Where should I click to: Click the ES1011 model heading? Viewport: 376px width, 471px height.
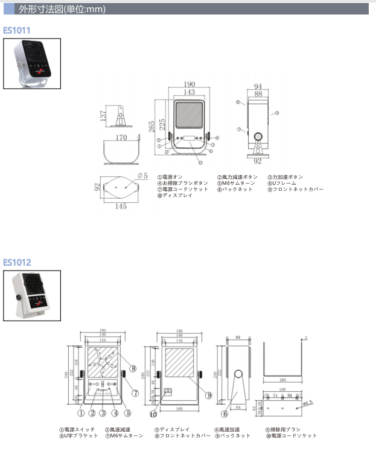pos(17,30)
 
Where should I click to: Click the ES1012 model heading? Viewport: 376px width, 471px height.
pos(17,262)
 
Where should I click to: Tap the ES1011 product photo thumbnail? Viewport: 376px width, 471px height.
pos(32,63)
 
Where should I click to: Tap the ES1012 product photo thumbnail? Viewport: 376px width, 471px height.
pos(32,296)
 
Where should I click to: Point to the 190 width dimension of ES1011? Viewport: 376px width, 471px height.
pos(190,85)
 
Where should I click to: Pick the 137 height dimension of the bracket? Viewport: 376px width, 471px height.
pos(104,115)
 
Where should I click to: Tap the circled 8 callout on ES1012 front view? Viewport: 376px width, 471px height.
pos(132,368)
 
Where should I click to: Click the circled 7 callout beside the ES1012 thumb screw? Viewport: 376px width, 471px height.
pos(136,392)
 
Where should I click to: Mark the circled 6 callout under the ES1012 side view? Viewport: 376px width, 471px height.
pos(225,414)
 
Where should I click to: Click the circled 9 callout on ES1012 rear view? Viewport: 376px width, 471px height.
pos(208,396)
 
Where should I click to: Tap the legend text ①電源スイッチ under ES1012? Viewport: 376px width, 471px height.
pos(77,429)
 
